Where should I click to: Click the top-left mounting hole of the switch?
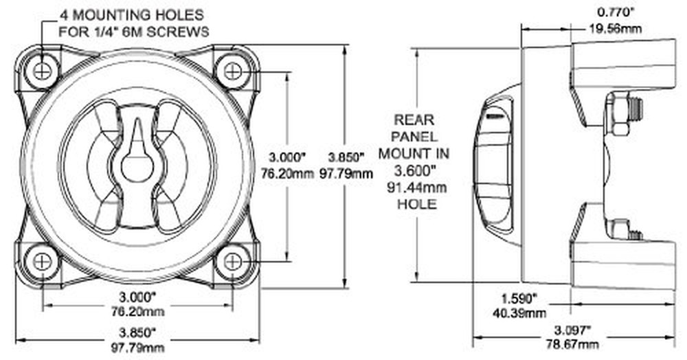[43, 70]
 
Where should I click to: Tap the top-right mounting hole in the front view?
[233, 70]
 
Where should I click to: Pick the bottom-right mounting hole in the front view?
[233, 261]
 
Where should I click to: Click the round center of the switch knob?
[137, 165]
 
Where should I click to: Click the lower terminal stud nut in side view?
[620, 228]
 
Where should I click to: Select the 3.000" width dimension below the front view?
[137, 297]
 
